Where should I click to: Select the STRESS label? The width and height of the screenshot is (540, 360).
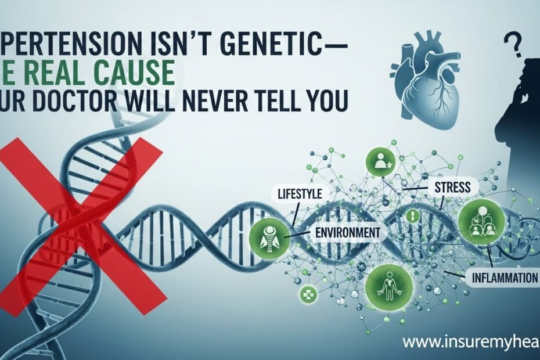(x=452, y=187)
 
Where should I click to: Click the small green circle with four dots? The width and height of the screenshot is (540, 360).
(x=307, y=293)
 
